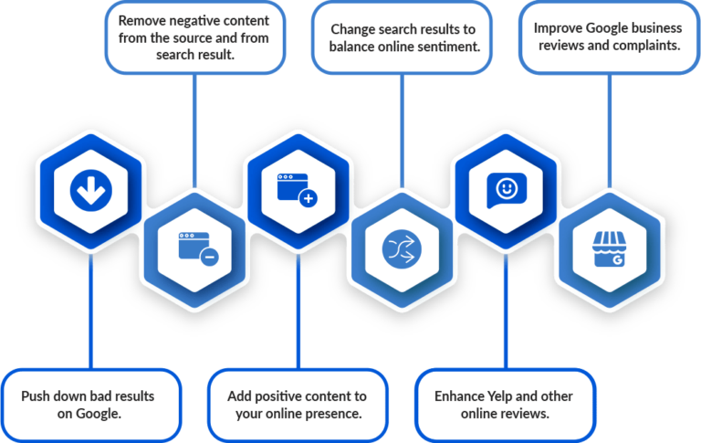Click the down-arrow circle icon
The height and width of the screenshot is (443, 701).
[90, 190]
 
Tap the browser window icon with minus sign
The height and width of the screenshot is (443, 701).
[198, 248]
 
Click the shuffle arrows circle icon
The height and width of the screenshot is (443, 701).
[402, 249]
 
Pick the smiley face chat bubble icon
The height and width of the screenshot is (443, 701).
[507, 190]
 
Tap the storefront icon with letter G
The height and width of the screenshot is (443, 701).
[610, 249]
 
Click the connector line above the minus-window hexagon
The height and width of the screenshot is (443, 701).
[194, 131]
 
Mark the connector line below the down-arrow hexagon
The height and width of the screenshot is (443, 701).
[90, 311]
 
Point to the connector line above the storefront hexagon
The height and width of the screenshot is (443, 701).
[610, 131]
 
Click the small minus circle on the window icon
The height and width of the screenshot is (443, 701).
[209, 257]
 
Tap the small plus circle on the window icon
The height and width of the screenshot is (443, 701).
[308, 198]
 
